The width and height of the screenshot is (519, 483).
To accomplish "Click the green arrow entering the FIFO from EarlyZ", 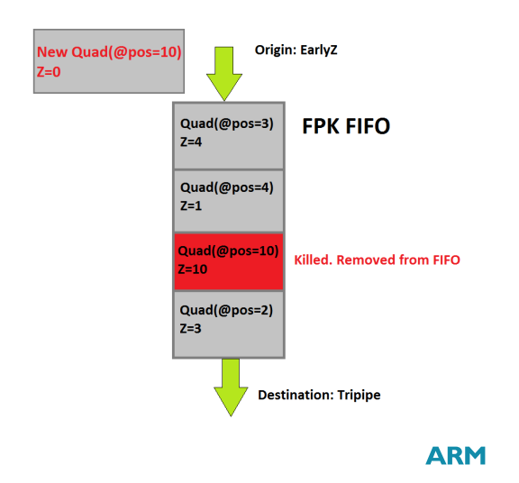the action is pyautogui.click(x=224, y=74).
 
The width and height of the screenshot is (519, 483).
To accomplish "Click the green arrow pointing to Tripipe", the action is pyautogui.click(x=231, y=387).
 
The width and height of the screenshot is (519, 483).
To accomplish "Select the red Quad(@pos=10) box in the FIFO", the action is pyautogui.click(x=229, y=261).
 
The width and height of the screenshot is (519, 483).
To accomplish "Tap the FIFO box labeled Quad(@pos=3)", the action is pyautogui.click(x=229, y=136).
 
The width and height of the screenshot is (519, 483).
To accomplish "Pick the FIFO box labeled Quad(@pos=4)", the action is pyautogui.click(x=229, y=201).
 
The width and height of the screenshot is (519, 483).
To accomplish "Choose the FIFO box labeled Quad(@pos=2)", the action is pyautogui.click(x=229, y=324).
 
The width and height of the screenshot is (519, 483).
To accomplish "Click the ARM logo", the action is pyautogui.click(x=455, y=456).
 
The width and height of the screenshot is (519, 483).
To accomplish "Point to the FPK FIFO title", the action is pyautogui.click(x=346, y=126).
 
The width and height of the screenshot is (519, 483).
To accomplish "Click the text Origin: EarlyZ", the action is pyautogui.click(x=296, y=50).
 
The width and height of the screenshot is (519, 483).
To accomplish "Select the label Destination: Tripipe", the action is pyautogui.click(x=319, y=395).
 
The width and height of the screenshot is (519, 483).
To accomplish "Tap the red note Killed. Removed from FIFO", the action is pyautogui.click(x=377, y=260).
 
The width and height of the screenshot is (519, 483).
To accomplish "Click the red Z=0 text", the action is pyautogui.click(x=49, y=72).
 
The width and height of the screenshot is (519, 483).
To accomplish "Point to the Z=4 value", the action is pyautogui.click(x=191, y=142).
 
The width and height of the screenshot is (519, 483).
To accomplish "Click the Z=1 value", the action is pyautogui.click(x=191, y=206).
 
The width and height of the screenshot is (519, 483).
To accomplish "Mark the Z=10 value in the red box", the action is pyautogui.click(x=193, y=269).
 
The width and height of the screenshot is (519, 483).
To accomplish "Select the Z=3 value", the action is pyautogui.click(x=191, y=329).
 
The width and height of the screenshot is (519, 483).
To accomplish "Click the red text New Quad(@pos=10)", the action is pyautogui.click(x=109, y=52).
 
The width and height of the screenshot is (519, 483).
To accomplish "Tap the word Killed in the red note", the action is pyautogui.click(x=314, y=260).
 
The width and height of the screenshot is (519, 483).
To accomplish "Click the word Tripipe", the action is pyautogui.click(x=360, y=396).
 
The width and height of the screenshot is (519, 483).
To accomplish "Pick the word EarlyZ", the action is pyautogui.click(x=319, y=50).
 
